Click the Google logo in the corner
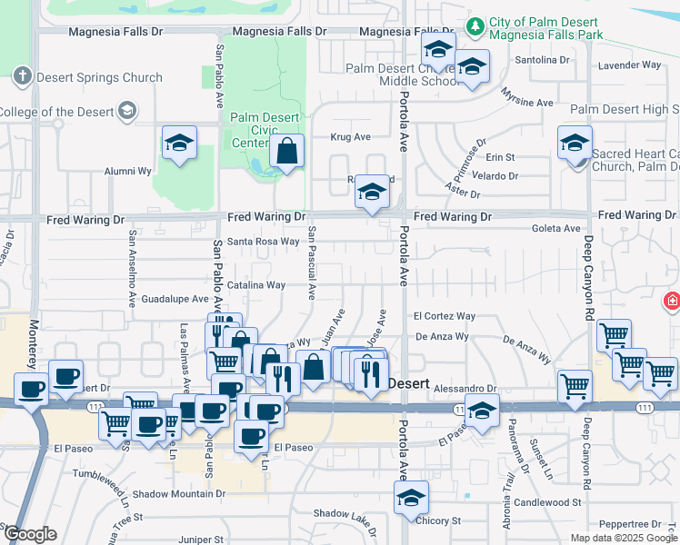30,534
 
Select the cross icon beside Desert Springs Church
23,76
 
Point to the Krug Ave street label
350,137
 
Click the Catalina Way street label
256,285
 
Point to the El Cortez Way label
445,316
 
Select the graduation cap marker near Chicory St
411,496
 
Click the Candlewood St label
546,502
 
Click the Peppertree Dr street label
630,524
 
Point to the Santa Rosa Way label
263,242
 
